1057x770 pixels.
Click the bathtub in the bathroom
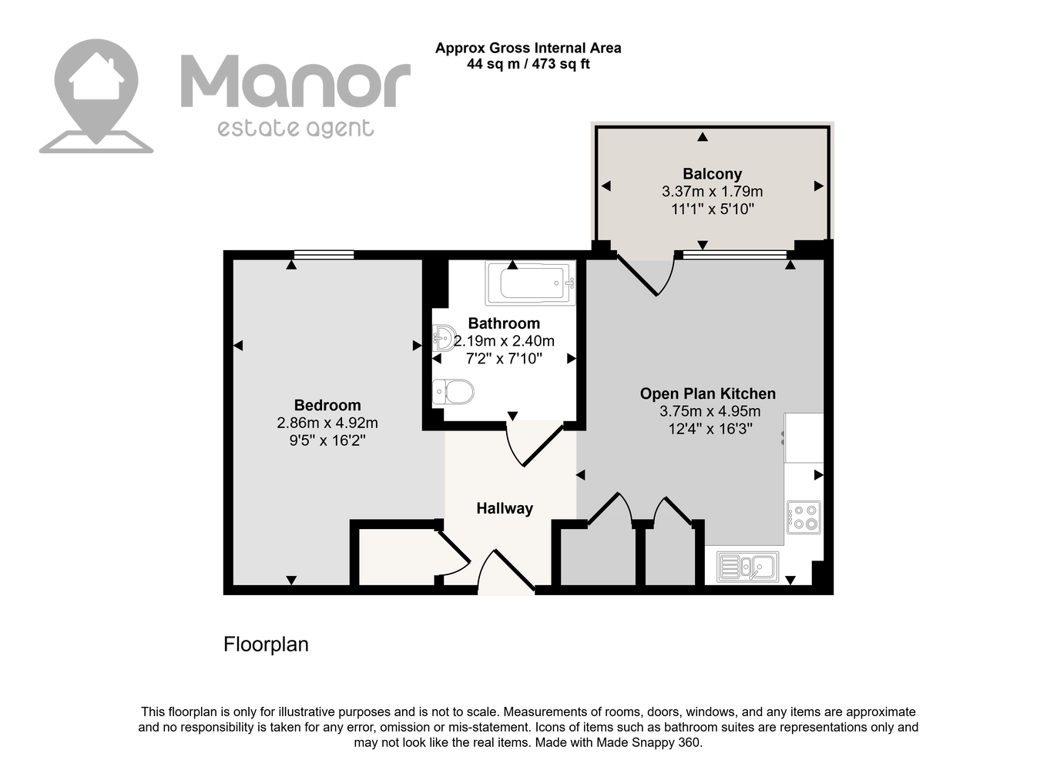[x=530, y=283]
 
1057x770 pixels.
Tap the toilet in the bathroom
[x=453, y=392]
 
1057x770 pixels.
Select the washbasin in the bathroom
[x=444, y=337]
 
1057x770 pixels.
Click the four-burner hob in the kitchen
[x=804, y=517]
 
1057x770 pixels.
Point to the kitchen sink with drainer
[x=747, y=567]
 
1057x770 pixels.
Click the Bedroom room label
[x=327, y=405]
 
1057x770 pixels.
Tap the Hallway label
[x=505, y=508]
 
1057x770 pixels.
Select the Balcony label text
[x=713, y=174]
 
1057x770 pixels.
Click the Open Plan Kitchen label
[x=708, y=393]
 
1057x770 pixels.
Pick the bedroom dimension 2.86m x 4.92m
[x=327, y=423]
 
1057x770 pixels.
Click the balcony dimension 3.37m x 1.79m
[x=713, y=192]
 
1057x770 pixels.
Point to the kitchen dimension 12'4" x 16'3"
[x=710, y=429]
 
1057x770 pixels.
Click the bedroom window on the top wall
[x=324, y=255]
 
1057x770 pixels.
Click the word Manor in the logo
[x=296, y=82]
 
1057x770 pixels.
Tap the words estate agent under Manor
[x=296, y=129]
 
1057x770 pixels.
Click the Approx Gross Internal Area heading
[x=528, y=48]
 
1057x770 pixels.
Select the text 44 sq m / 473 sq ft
[x=528, y=64]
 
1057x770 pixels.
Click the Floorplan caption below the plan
[x=266, y=644]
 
